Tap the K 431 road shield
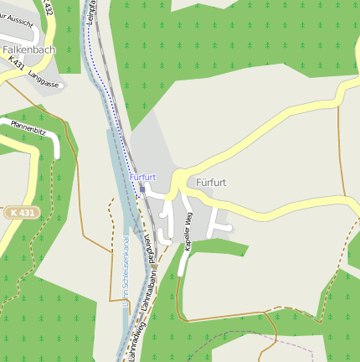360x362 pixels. click(23, 213)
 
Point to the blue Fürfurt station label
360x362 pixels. click(143, 177)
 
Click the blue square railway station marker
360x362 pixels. click(142, 189)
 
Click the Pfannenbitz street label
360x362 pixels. click(28, 128)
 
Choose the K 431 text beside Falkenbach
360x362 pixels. click(16, 63)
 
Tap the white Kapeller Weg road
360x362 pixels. click(183, 260)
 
